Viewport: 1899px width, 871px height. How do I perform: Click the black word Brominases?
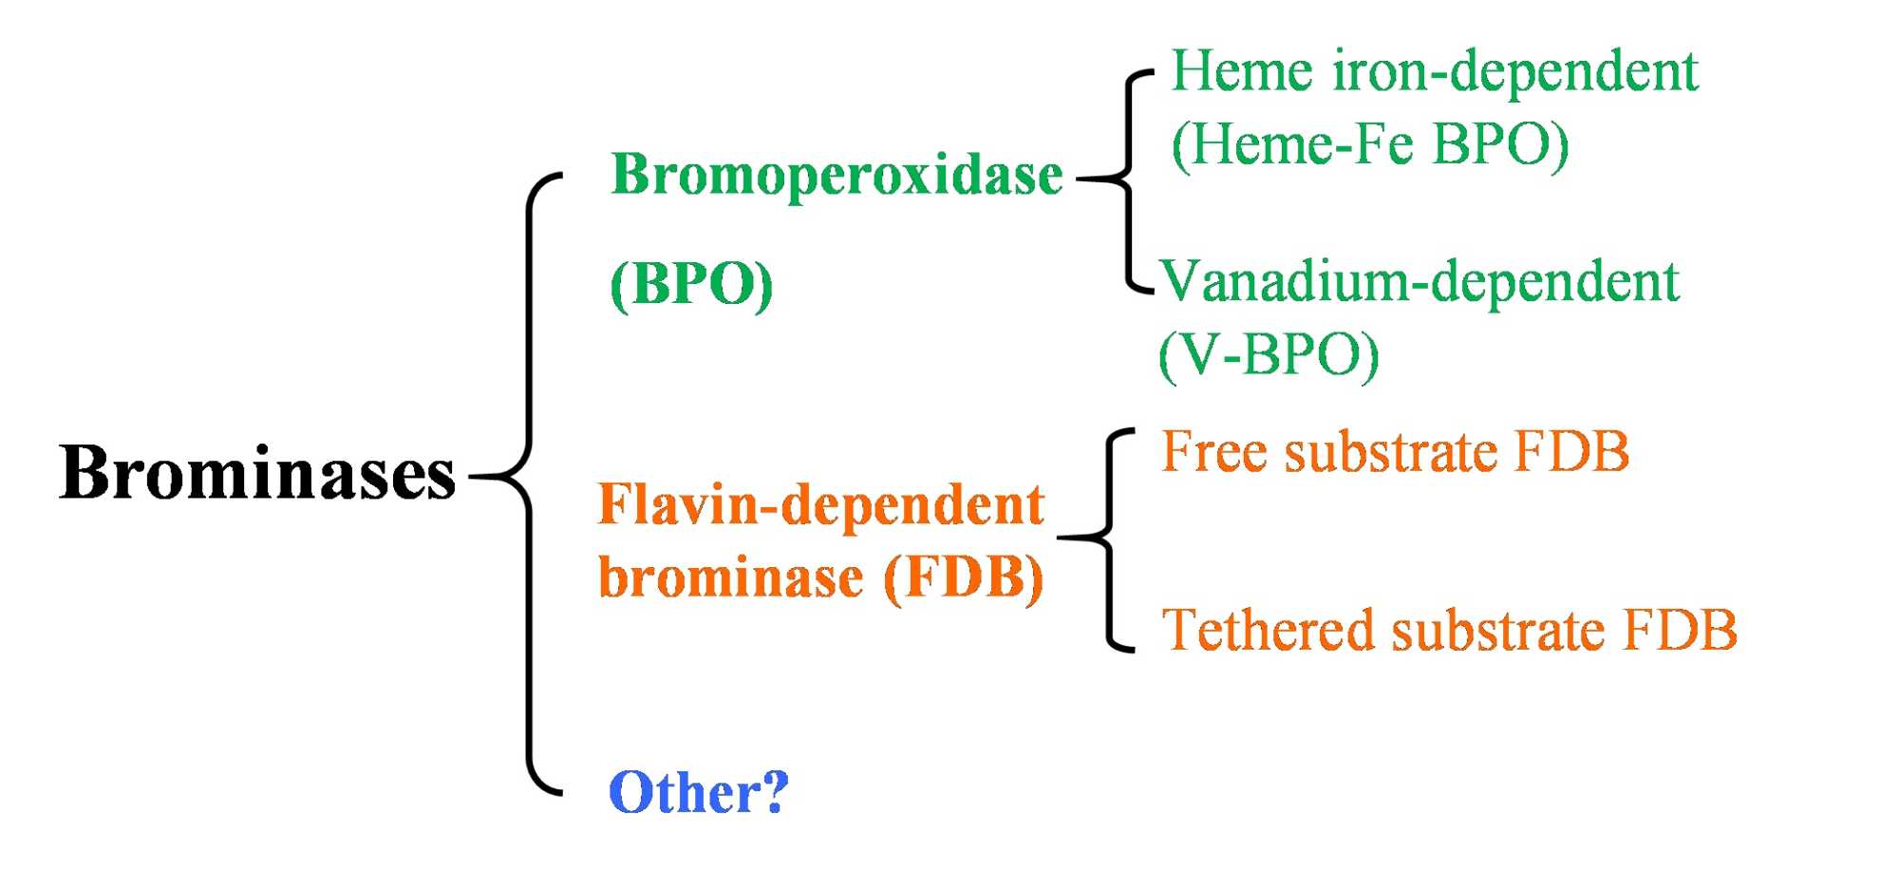pyautogui.click(x=257, y=473)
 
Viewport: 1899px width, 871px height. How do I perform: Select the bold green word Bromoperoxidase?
pyautogui.click(x=837, y=176)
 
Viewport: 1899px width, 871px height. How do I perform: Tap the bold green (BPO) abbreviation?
pyautogui.click(x=691, y=284)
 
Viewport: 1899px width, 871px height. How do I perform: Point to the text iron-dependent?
pyautogui.click(x=1514, y=71)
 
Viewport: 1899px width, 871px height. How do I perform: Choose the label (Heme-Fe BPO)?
pyautogui.click(x=1369, y=144)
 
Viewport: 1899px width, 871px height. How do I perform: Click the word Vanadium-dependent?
pyautogui.click(x=1420, y=281)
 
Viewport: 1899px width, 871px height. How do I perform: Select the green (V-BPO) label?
pyautogui.click(x=1269, y=355)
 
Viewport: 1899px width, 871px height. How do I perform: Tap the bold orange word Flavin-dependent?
pyautogui.click(x=821, y=505)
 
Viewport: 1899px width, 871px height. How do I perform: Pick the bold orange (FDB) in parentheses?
pyautogui.click(x=963, y=578)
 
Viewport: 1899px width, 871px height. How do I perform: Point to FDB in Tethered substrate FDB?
pyautogui.click(x=1680, y=630)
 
